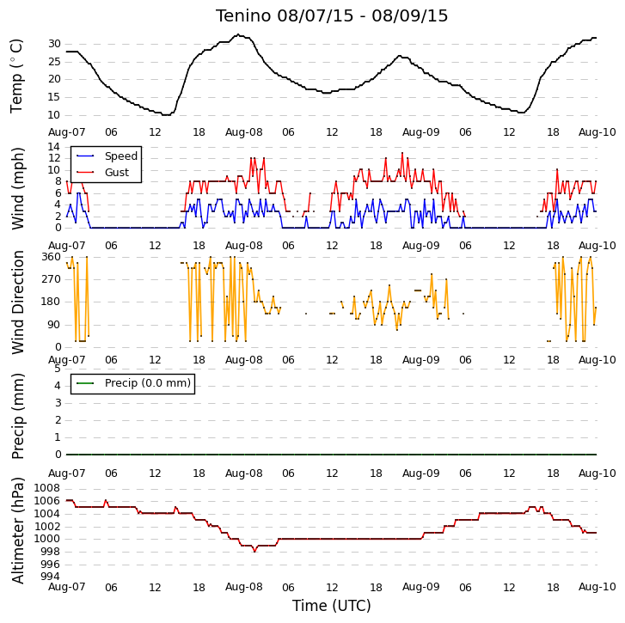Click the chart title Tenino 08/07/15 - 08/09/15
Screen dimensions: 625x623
coord(332,16)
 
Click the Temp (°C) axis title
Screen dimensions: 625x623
coord(16,76)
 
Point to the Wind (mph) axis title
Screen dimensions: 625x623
coord(18,188)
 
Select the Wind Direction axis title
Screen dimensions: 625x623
coord(18,302)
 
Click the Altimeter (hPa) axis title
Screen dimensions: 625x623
coord(18,530)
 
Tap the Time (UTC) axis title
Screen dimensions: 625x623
coord(332,606)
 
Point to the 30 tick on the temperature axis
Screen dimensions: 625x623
coord(54,44)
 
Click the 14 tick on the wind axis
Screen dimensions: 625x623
coord(54,147)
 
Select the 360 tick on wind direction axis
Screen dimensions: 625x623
coord(51,257)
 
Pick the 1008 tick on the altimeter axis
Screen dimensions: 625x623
coord(47,488)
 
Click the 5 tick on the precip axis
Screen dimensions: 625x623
coord(58,369)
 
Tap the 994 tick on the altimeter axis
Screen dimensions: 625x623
coord(50,577)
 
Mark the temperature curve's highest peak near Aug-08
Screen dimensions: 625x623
coord(238,34)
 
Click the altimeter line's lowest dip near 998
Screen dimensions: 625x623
coord(254,552)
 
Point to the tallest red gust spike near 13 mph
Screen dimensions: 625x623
coord(402,153)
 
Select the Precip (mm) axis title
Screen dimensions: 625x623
coord(18,416)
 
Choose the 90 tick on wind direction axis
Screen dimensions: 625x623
coord(54,325)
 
